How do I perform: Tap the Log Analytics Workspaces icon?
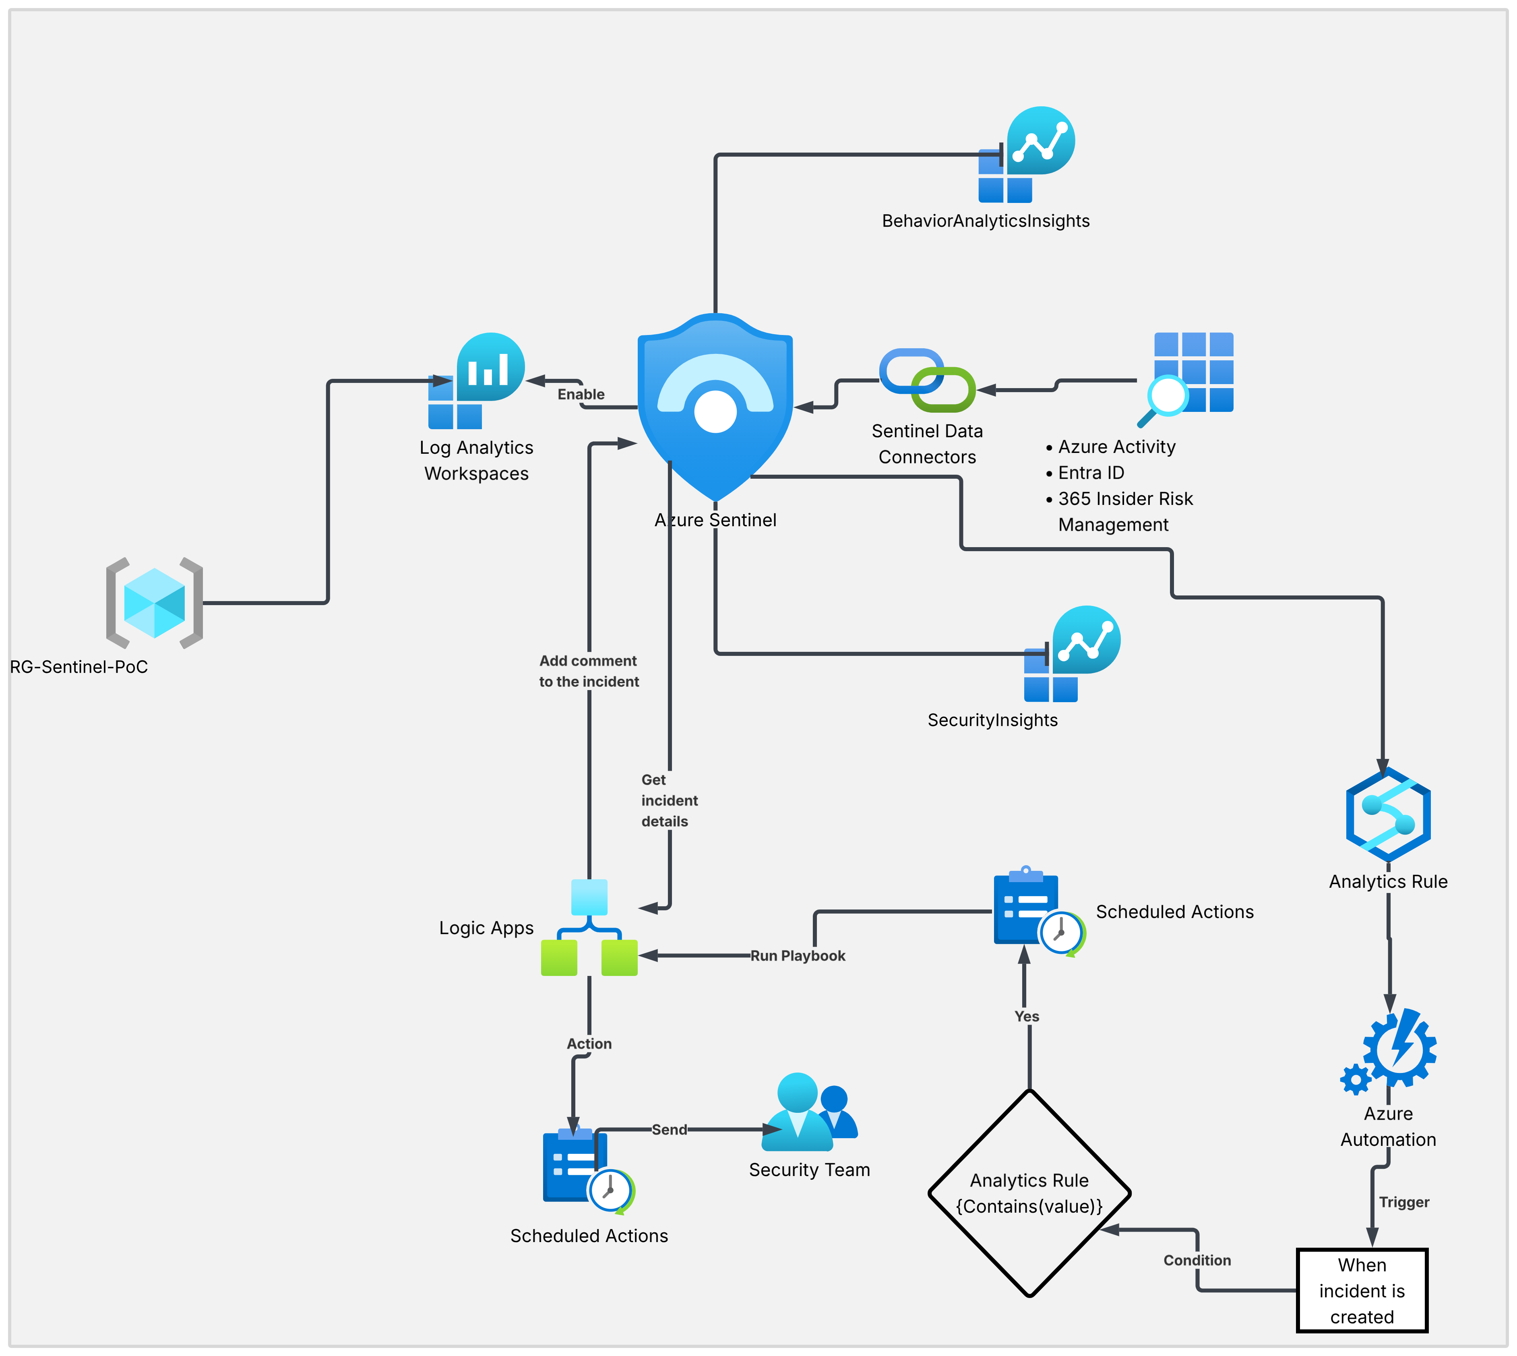[477, 381]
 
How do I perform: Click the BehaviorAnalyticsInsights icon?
[1027, 154]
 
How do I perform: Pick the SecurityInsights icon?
[1072, 653]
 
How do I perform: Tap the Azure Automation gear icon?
[1390, 1050]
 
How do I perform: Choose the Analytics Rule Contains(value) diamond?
[1029, 1193]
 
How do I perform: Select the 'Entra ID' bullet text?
[1091, 472]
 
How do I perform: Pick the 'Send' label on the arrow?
[669, 1129]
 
